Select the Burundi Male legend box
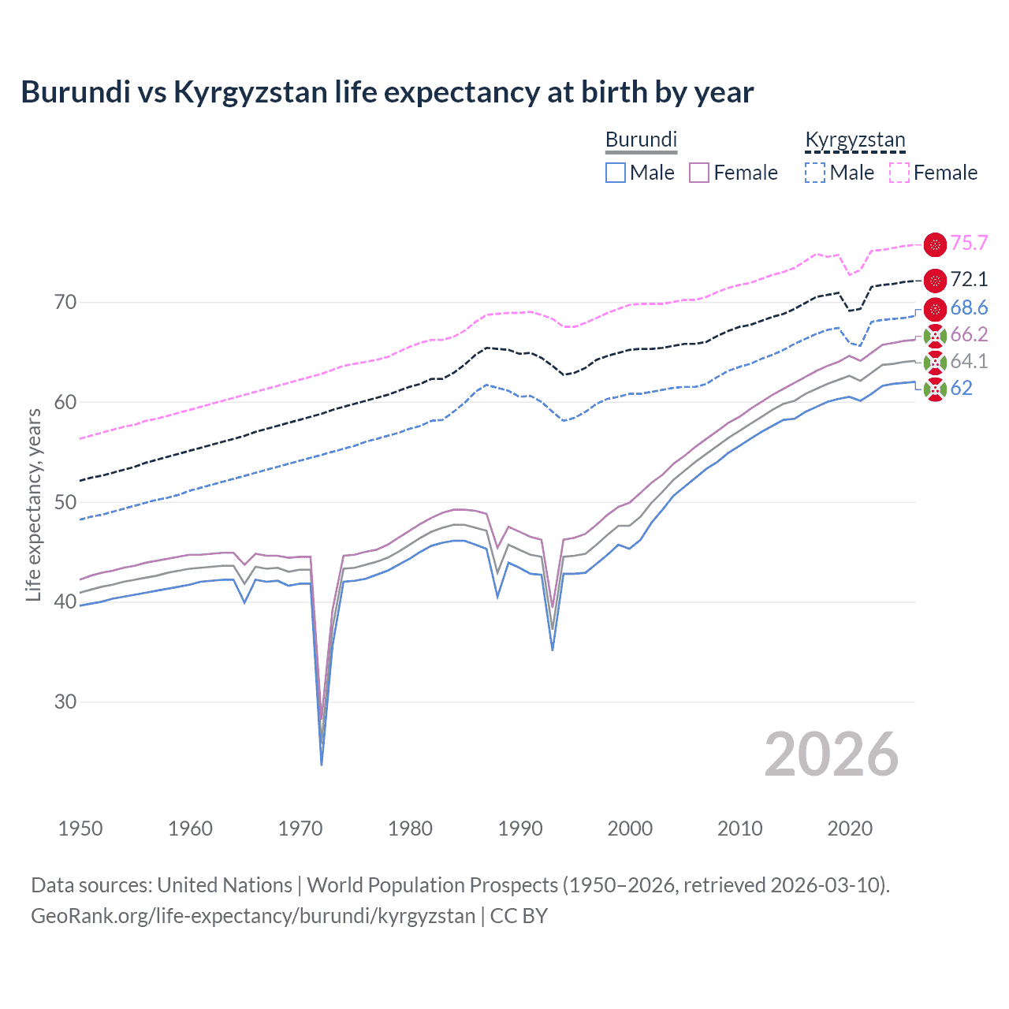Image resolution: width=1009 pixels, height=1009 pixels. point(616,173)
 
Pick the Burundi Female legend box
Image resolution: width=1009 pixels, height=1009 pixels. point(699,173)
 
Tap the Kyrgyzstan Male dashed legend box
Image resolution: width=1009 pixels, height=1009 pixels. point(815,173)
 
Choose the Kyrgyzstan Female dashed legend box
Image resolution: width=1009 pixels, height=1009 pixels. point(899,173)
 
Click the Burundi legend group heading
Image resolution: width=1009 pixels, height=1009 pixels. point(641,140)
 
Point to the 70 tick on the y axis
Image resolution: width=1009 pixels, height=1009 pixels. point(65,302)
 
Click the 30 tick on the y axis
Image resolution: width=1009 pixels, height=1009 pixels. point(65,702)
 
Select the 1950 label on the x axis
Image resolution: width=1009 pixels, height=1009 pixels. point(80,828)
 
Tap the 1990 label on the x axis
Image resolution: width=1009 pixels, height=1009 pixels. point(520,828)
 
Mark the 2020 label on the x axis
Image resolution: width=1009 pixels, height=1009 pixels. point(850,828)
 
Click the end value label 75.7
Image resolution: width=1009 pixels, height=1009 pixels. point(969,244)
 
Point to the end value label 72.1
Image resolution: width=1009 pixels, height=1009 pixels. point(969,279)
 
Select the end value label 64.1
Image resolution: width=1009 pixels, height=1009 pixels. point(969,361)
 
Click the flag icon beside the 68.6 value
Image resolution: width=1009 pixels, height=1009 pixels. point(935,308)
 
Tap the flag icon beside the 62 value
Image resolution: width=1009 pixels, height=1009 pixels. point(935,389)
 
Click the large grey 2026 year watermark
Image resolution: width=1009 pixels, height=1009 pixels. point(831,755)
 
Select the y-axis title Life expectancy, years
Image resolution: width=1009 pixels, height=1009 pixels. point(33,504)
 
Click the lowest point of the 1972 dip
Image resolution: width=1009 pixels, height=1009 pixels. point(322,764)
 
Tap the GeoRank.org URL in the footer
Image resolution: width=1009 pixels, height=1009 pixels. point(253,916)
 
